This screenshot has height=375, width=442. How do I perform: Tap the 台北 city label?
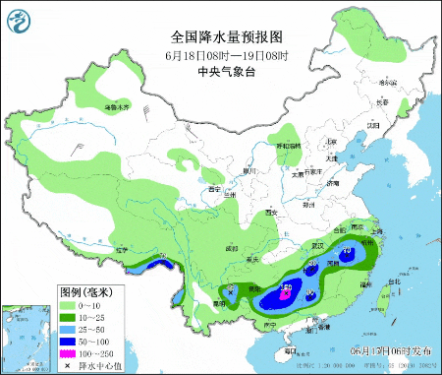[x=394, y=282]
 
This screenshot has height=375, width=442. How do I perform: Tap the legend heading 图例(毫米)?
[x=87, y=292]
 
